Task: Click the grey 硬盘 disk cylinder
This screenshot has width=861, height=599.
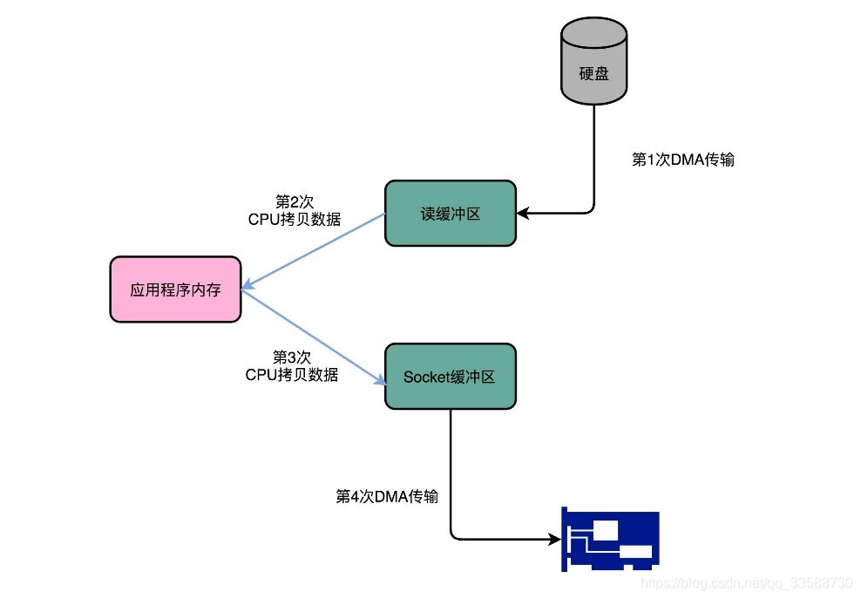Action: pyautogui.click(x=594, y=65)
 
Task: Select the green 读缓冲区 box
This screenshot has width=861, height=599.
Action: pyautogui.click(x=451, y=214)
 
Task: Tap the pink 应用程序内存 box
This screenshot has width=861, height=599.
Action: pyautogui.click(x=175, y=289)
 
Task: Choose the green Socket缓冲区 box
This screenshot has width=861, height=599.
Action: pyautogui.click(x=451, y=377)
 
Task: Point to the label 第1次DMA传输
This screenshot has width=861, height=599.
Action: pyautogui.click(x=682, y=160)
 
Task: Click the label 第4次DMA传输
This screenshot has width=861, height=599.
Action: pyautogui.click(x=386, y=496)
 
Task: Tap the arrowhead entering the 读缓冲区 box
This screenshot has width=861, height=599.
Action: pyautogui.click(x=522, y=212)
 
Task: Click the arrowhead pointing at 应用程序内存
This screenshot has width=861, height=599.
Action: pyautogui.click(x=247, y=284)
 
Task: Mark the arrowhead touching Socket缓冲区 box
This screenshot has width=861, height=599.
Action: pyautogui.click(x=380, y=380)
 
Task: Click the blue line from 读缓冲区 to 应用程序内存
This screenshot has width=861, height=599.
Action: pyautogui.click(x=315, y=249)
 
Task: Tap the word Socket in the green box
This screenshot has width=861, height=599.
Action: pyautogui.click(x=424, y=377)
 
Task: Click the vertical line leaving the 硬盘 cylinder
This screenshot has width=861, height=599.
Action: pyautogui.click(x=594, y=157)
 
